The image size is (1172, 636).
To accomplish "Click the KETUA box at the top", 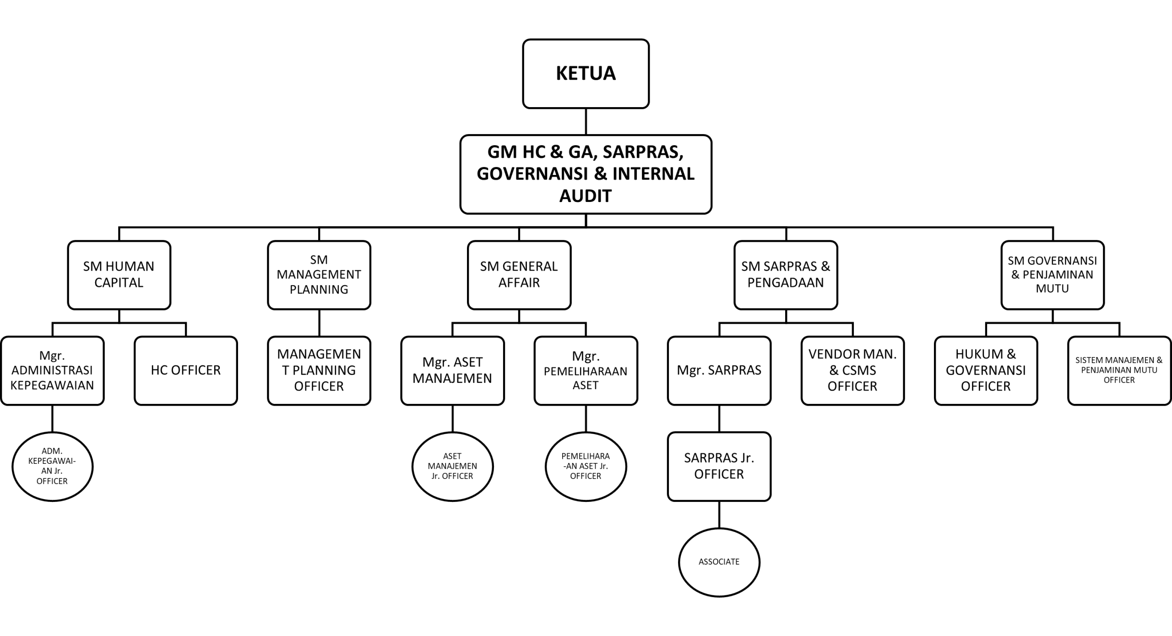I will [586, 74].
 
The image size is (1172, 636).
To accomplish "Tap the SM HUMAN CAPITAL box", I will [119, 275].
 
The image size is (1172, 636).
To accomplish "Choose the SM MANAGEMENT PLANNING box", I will [319, 275].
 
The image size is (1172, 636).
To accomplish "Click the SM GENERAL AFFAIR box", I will [519, 275].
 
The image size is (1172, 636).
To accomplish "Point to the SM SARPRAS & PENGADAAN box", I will [786, 275].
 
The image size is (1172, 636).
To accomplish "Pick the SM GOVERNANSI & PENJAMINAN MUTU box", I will [1052, 275].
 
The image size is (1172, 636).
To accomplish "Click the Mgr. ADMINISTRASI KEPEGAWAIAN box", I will [52, 370].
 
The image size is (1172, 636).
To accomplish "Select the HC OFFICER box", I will [185, 370].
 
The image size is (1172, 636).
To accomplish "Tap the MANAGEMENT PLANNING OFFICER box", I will [319, 370].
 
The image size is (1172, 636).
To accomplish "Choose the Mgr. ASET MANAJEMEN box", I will [452, 370].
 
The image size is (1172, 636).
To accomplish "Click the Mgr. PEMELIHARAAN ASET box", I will [586, 370].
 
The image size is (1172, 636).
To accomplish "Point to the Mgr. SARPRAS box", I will [719, 370].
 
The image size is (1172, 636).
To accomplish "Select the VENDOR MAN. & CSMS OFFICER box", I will [852, 370].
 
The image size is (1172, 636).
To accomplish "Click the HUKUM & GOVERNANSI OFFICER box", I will [986, 370].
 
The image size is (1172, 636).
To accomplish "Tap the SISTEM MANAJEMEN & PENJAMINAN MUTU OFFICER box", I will [1119, 370].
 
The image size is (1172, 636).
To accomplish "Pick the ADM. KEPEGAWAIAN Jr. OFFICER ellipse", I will [52, 466].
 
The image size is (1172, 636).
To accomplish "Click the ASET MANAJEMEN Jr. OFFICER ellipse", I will [452, 466].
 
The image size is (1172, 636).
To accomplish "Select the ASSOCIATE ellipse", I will [719, 562].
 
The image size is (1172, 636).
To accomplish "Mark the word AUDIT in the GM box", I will [586, 196].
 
